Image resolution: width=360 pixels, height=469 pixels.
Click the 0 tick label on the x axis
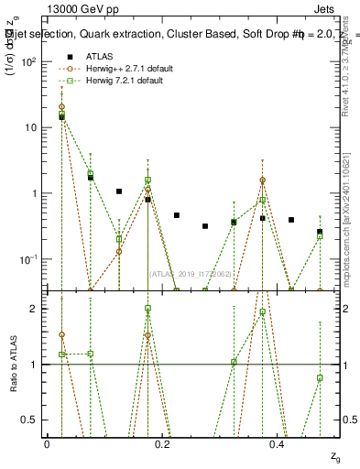tap(47, 443)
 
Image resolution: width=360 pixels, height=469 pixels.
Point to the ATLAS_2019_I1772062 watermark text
tap(191, 274)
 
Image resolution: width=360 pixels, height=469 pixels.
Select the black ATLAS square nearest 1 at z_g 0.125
tap(119, 191)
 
